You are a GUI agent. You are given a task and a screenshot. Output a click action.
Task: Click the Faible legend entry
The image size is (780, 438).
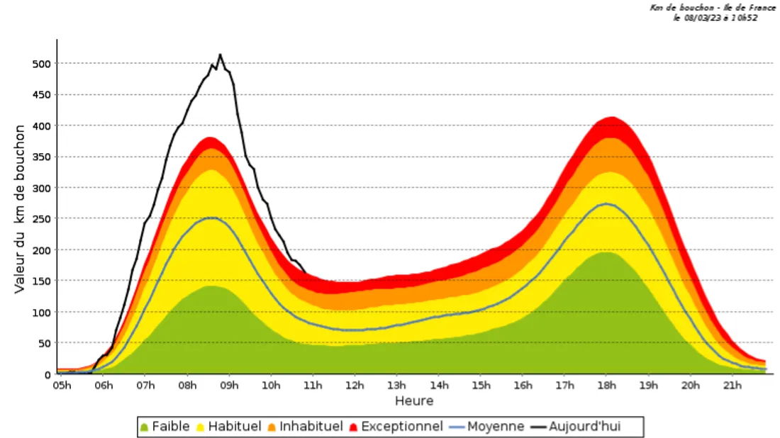pyautogui.click(x=165, y=427)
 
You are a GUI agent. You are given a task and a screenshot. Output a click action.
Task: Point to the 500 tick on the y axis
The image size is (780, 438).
pyautogui.click(x=42, y=64)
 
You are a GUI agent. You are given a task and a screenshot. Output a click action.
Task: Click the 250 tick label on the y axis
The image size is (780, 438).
pyautogui.click(x=42, y=219)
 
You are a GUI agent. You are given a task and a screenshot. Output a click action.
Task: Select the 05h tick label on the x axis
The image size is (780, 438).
pyautogui.click(x=62, y=386)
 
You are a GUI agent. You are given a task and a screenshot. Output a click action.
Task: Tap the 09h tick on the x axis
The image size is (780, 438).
pyautogui.click(x=229, y=386)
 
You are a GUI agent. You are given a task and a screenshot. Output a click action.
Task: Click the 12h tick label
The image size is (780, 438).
pyautogui.click(x=355, y=386)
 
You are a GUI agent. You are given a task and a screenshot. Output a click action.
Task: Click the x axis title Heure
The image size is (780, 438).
pyautogui.click(x=414, y=401)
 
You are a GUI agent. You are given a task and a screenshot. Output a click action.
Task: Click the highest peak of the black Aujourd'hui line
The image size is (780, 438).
pyautogui.click(x=220, y=55)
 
